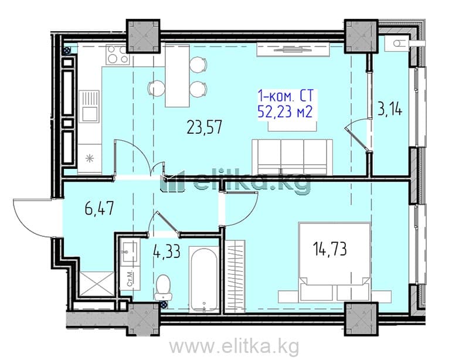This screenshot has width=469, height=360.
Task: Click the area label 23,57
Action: coord(205,127)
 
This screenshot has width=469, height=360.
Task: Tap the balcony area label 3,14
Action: coord(390,109)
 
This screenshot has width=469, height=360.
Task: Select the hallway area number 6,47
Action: coord(99,208)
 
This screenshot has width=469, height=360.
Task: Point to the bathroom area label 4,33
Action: coord(166,252)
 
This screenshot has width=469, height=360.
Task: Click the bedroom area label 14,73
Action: coord(330,249)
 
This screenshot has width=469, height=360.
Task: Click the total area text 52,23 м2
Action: coord(285,112)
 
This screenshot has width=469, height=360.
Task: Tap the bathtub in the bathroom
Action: coord(204,279)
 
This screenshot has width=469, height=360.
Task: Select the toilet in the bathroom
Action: coord(163,287)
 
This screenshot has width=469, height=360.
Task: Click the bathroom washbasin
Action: coord(130,252)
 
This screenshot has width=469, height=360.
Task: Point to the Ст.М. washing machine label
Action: coord(130,279)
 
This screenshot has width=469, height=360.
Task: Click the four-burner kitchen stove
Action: coord(117,55)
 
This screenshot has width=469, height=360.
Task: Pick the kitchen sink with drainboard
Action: coord(89,106)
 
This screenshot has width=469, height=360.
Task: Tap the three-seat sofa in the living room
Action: coord(292,157)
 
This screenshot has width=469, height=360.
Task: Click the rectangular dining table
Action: coord(178,76)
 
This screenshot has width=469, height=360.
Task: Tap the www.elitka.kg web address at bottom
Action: coord(235,347)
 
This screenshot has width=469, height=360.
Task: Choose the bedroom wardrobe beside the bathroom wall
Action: coord(235,276)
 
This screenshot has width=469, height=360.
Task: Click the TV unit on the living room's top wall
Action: coord(293,49)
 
